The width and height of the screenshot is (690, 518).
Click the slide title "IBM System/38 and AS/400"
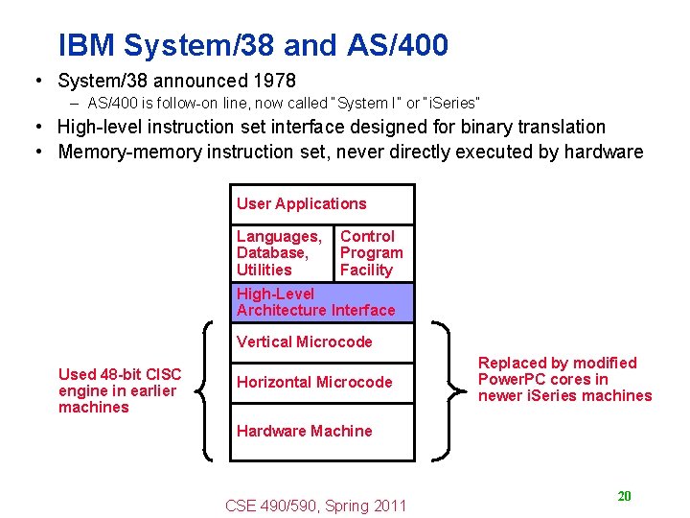coord(253,45)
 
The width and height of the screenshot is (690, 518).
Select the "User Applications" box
coord(322,203)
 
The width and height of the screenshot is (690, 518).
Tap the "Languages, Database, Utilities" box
coord(280,253)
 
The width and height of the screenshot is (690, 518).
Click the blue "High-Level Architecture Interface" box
coord(322,302)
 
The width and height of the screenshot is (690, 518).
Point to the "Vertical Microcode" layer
coord(322,341)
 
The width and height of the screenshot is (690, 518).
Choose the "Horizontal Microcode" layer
coord(322,382)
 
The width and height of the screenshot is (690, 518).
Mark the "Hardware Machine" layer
coord(322,431)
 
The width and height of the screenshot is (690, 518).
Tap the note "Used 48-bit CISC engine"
coord(119,390)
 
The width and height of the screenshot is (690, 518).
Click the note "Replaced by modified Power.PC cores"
coord(563,379)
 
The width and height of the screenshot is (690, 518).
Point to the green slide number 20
coord(624,496)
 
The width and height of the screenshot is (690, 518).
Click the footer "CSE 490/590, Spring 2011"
coord(315,506)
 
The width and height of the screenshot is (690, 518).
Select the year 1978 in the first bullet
coord(272,81)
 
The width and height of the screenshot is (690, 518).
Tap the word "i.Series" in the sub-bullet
coord(449,103)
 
